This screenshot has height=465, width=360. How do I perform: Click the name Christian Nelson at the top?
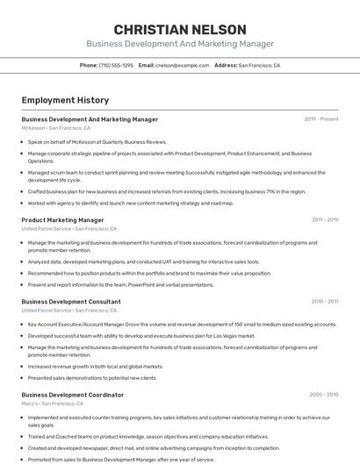click(180, 29)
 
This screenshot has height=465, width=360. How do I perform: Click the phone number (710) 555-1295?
click(116, 65)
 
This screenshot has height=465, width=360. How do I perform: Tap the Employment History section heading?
click(65, 100)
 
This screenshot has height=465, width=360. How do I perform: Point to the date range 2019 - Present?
click(321, 118)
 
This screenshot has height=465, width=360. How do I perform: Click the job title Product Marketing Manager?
click(62, 220)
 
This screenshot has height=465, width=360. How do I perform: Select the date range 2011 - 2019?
click(325, 220)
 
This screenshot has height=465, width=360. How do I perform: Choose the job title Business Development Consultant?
click(71, 302)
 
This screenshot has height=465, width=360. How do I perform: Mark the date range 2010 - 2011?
click(325, 302)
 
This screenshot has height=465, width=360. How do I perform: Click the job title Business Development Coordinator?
click(73, 395)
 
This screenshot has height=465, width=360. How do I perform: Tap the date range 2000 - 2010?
click(324, 395)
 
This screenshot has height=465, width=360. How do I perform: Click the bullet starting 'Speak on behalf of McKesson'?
click(97, 140)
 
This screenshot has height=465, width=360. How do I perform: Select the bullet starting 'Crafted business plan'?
click(167, 191)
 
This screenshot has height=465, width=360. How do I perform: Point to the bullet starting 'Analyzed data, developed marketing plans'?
click(143, 261)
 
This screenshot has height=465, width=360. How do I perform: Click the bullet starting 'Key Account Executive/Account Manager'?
click(182, 324)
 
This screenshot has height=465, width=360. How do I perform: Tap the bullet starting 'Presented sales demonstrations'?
click(92, 377)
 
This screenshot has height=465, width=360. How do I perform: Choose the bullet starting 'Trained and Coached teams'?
click(148, 436)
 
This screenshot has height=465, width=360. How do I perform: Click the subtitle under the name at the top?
click(180, 44)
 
